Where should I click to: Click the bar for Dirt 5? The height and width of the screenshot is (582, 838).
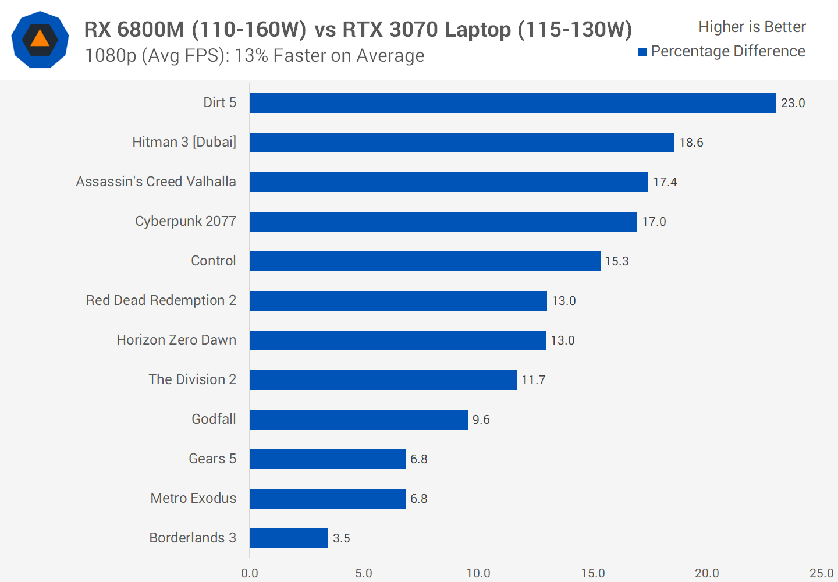tap(512, 103)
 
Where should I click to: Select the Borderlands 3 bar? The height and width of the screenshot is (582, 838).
tap(289, 538)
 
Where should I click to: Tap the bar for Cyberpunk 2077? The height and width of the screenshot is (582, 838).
tap(443, 222)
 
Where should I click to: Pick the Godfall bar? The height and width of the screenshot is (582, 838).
tap(358, 420)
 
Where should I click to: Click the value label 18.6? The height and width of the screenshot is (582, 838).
tap(691, 143)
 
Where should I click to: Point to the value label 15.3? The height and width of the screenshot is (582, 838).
tap(617, 261)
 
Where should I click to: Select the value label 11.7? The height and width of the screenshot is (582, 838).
tap(534, 380)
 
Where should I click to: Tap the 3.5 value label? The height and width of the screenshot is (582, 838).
tap(342, 538)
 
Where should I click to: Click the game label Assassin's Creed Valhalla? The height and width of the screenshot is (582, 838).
tap(156, 182)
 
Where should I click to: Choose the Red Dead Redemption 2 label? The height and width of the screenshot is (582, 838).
tap(161, 300)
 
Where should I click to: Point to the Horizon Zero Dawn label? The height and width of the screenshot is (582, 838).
tap(176, 340)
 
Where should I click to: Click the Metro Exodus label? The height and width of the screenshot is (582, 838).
tap(193, 498)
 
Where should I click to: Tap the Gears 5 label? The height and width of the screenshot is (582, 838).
tap(212, 459)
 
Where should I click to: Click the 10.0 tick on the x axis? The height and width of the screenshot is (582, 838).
tap(478, 573)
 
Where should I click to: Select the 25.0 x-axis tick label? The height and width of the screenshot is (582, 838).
tap(821, 573)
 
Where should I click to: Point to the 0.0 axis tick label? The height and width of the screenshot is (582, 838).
tap(250, 573)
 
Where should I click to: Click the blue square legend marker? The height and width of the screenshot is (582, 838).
tap(642, 52)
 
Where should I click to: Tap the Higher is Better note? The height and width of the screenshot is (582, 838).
tap(752, 27)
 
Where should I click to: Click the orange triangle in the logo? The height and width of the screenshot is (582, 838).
tap(40, 39)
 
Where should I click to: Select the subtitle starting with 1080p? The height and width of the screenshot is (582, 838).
tap(254, 56)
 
